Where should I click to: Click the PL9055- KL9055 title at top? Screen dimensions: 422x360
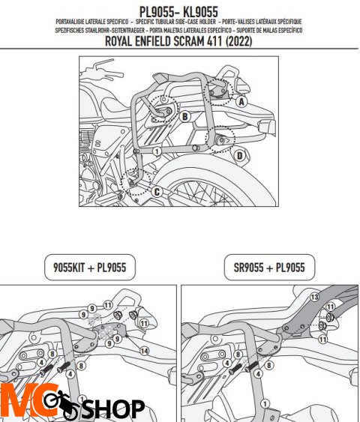coord(179,11)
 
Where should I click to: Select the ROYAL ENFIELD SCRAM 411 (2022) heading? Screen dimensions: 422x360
coord(179,43)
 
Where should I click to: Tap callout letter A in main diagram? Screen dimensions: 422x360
coord(240,100)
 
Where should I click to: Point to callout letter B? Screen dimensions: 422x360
coord(184,116)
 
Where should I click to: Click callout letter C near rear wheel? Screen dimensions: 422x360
coord(157,192)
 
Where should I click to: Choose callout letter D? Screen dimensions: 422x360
coord(239,155)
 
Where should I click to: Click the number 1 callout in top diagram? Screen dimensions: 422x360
coord(156,151)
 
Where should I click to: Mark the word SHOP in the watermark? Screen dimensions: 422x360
coord(112,409)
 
